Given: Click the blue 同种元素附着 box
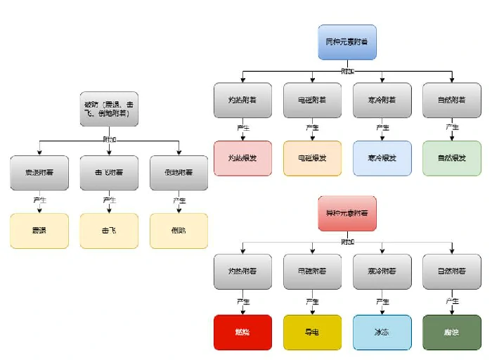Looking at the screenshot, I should click(347, 42).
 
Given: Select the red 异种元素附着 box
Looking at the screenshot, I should click(347, 213).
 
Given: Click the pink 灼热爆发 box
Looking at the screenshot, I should click(242, 158).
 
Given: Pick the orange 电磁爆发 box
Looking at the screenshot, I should click(312, 158).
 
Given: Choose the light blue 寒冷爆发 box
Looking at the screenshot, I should click(382, 158).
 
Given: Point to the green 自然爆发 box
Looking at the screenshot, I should click(452, 158).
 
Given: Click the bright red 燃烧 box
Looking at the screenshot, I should click(242, 332).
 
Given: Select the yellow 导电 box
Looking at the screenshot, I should click(312, 332).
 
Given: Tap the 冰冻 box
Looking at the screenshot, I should click(382, 332).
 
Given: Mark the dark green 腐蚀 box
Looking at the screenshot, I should click(452, 332).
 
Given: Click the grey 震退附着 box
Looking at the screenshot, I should click(39, 173).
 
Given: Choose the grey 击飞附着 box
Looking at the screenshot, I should click(109, 173).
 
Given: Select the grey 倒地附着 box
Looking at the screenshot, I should click(179, 173).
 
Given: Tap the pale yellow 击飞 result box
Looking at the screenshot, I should click(109, 231).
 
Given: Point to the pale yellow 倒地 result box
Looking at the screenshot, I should click(179, 231).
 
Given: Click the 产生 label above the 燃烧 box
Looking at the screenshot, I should click(242, 302).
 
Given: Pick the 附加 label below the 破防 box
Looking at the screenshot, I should click(109, 139).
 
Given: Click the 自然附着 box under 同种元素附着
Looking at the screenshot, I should click(452, 100).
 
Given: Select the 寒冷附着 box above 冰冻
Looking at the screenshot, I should click(382, 271).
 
